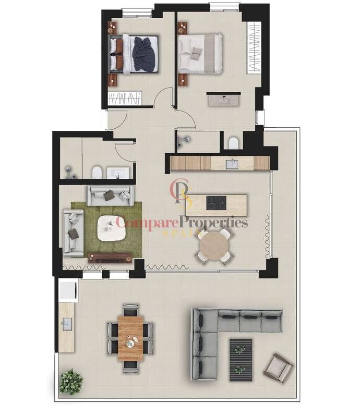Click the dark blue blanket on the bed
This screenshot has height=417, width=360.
coord(144,54)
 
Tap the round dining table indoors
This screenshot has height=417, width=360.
coord(214,247)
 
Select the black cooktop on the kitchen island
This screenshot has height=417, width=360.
coord(217,203)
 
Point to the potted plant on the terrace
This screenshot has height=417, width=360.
coord(71,382)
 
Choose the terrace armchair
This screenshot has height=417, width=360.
coord(278,368)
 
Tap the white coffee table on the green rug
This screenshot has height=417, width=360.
coord(111,228)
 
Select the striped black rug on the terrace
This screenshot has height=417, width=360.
coord(241,360)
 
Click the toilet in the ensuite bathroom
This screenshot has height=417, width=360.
coord(234,143)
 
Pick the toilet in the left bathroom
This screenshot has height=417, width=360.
coord(97,173)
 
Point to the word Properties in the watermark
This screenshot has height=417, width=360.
coord(213,223)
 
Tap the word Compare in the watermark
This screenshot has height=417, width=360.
coord(147,224)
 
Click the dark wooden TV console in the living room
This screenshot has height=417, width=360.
coord(110,257)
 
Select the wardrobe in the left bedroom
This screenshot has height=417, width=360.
coord(125,98)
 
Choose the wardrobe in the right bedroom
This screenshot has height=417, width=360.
coord(254,48)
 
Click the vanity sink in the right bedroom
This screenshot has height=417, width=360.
coord(224,100)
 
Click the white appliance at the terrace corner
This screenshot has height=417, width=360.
coord(69,290)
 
